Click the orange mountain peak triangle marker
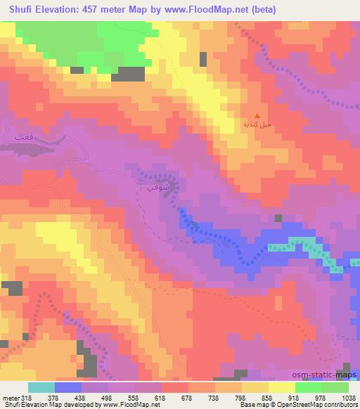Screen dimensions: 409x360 (257, 117)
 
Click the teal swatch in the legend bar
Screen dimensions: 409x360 (41, 387)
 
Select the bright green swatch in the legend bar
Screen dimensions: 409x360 (308, 387)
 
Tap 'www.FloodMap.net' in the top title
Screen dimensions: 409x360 (211, 10)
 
